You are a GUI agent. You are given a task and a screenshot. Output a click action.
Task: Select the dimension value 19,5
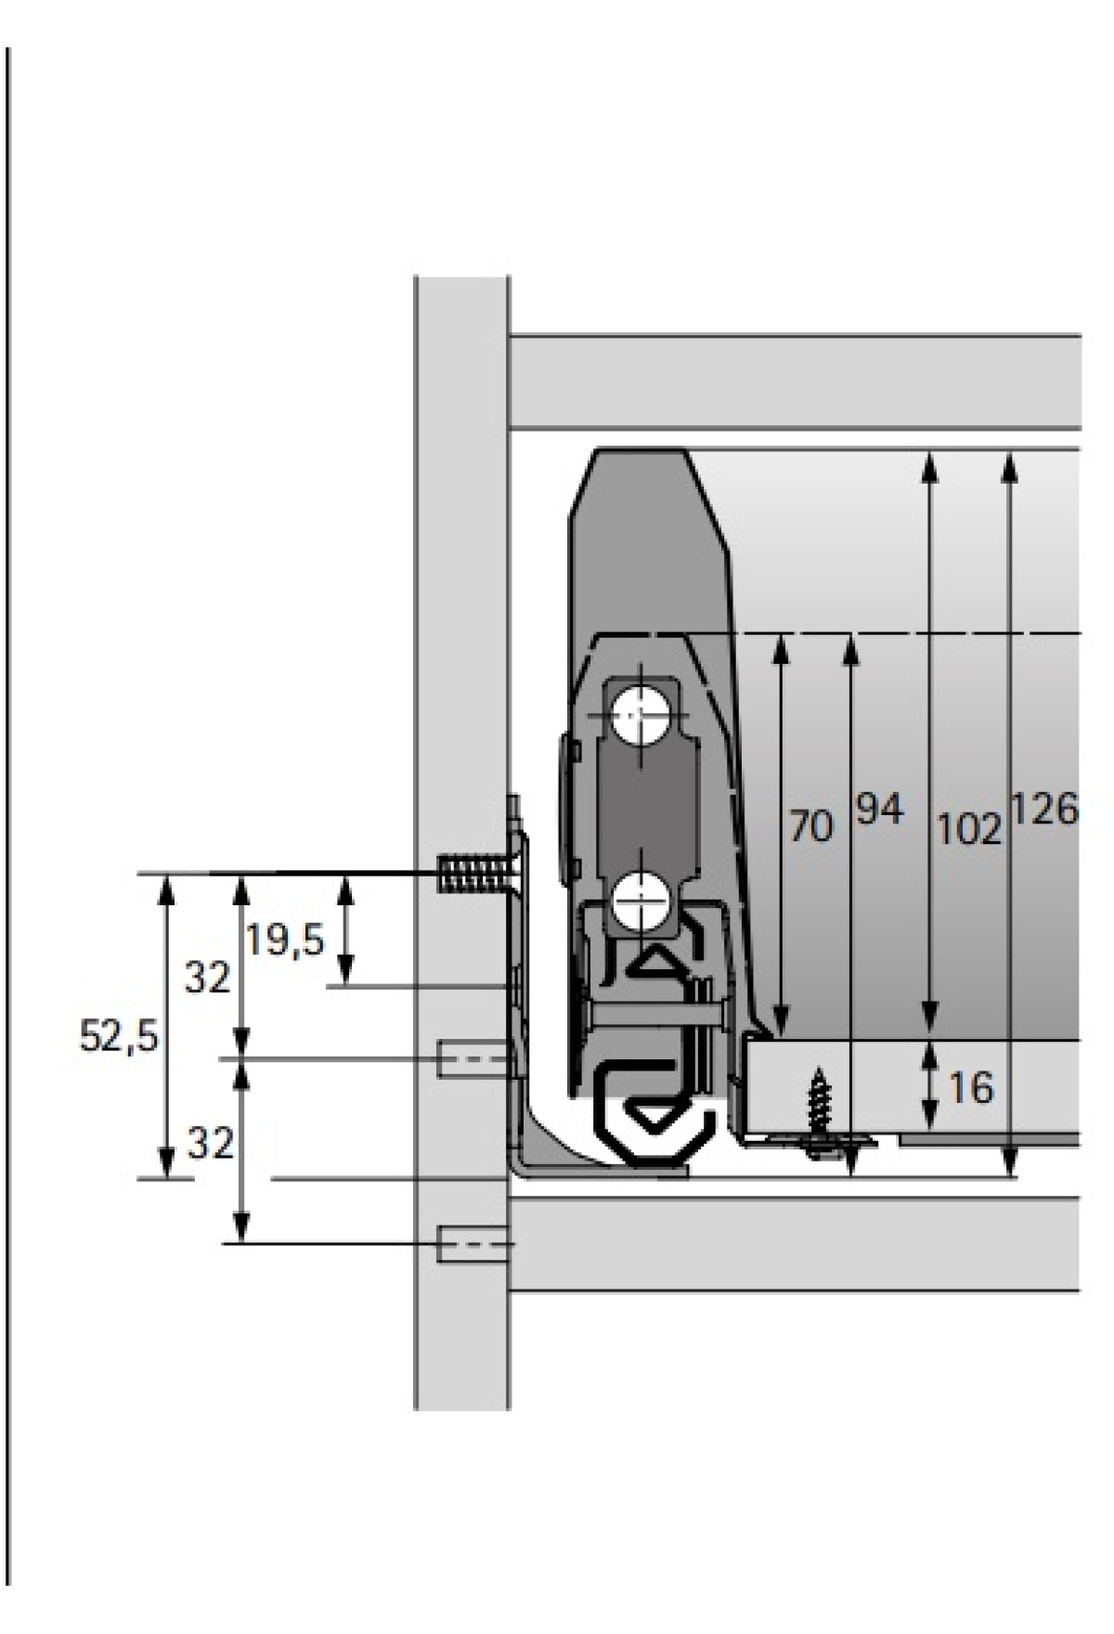coord(286,942)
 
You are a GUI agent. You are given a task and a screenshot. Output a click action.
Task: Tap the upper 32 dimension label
coord(207,978)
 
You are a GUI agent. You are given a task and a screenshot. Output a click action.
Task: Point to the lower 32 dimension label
coord(210,1144)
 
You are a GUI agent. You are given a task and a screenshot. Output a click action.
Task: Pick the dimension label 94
coord(879,810)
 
